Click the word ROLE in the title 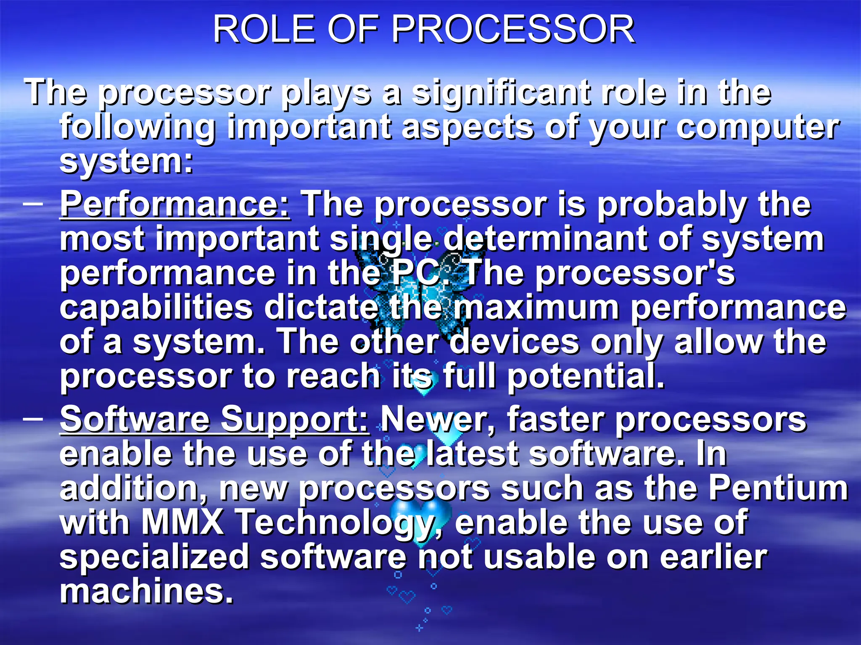(264, 29)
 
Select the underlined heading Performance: (174, 205)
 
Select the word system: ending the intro (126, 162)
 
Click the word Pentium (778, 488)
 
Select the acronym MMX (182, 522)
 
